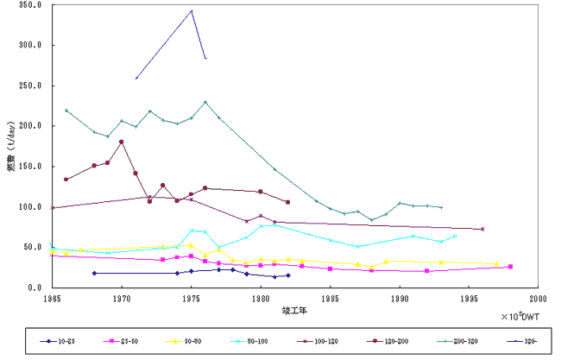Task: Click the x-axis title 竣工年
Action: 293,309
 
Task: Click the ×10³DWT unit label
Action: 519,316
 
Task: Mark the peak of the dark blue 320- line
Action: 192,10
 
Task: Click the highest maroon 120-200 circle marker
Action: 122,142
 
